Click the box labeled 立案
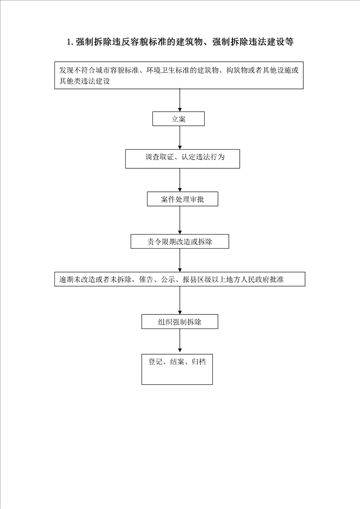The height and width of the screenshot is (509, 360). point(178,119)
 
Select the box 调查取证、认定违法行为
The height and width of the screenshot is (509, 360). point(182,159)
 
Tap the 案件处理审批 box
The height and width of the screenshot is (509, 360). point(182,199)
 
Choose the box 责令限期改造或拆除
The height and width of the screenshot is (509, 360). point(180,241)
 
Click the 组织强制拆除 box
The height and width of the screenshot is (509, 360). point(180,322)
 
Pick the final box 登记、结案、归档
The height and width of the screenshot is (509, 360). point(177,369)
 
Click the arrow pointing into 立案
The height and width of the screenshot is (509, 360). point(180,100)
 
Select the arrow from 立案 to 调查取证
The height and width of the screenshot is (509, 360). point(180,137)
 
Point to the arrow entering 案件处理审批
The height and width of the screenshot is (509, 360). point(180,180)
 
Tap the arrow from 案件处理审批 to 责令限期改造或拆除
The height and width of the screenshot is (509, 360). point(180,220)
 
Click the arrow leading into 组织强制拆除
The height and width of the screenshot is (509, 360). point(180,300)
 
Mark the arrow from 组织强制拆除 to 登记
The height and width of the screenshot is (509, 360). point(180,341)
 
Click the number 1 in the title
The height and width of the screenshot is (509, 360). point(69,42)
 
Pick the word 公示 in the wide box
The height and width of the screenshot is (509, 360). point(168,279)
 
